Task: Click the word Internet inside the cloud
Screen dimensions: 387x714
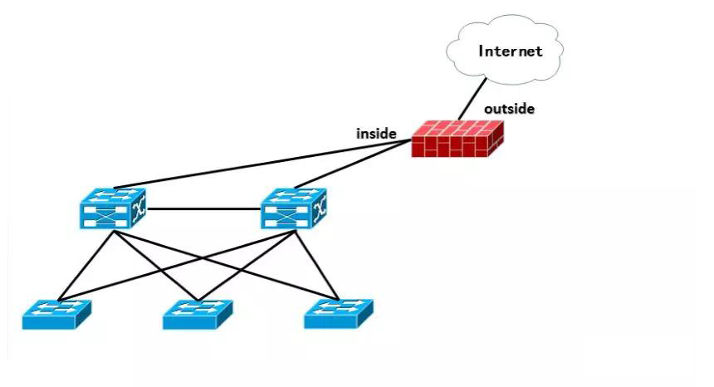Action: click(x=510, y=51)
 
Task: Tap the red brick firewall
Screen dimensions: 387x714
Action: click(x=458, y=139)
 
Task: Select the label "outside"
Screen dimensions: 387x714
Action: click(x=509, y=109)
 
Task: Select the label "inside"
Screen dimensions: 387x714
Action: click(x=376, y=133)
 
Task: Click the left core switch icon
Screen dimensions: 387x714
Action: click(x=110, y=208)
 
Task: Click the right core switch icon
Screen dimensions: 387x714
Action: click(x=294, y=208)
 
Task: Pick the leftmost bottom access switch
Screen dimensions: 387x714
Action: click(x=56, y=315)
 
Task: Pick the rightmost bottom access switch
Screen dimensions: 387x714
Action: click(x=338, y=315)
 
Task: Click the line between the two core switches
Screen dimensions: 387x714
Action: click(x=203, y=208)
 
